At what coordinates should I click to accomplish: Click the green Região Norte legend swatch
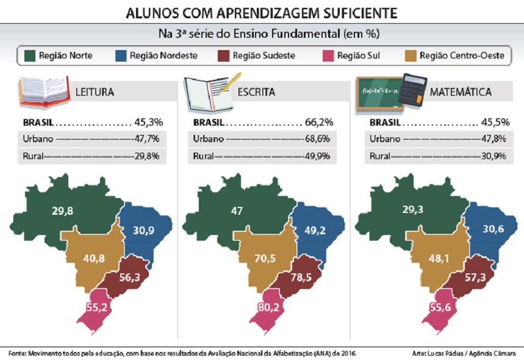[29, 56]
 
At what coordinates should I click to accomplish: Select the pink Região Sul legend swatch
[327, 56]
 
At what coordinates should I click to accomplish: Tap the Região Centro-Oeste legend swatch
[411, 56]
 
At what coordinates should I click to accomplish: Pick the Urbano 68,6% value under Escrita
[317, 139]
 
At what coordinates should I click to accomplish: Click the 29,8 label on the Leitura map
[63, 211]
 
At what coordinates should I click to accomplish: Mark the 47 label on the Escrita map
[237, 211]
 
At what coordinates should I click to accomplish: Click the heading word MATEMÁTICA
[461, 93]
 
